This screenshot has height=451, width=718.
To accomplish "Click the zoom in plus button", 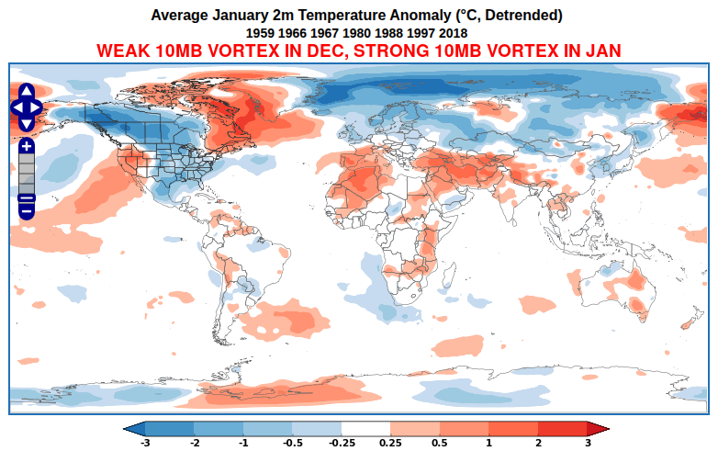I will coord(27,146).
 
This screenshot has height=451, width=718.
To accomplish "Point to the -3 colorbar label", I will coord(145,443).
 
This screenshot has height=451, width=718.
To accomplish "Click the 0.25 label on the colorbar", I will coord(391,443).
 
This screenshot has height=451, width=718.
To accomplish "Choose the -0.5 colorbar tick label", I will coord(293,443).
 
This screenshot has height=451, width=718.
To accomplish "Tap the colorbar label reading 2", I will coord(538,443).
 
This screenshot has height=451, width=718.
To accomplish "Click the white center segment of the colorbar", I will coord(366,428).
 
